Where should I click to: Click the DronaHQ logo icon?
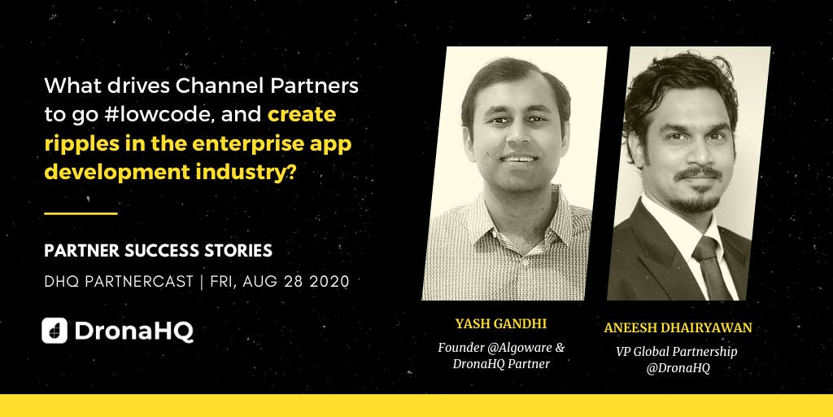(55, 331)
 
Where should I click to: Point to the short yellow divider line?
(81, 214)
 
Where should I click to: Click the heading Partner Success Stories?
(159, 251)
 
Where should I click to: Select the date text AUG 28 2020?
(296, 281)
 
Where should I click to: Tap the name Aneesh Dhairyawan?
(678, 327)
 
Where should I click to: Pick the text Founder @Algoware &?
(501, 348)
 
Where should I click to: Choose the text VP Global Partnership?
(677, 352)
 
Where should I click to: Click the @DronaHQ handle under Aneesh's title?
(678, 369)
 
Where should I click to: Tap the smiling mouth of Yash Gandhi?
(519, 159)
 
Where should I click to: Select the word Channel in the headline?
(209, 86)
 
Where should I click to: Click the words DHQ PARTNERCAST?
(119, 281)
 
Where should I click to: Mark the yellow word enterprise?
(259, 145)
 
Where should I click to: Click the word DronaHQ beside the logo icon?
(134, 331)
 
